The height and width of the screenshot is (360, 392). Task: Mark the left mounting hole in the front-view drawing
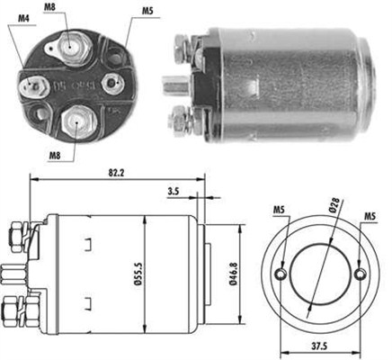282,274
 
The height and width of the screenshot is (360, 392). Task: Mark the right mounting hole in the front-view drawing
361,274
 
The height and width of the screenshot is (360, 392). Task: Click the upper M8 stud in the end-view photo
69,42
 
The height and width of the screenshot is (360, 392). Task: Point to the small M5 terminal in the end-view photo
111,84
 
